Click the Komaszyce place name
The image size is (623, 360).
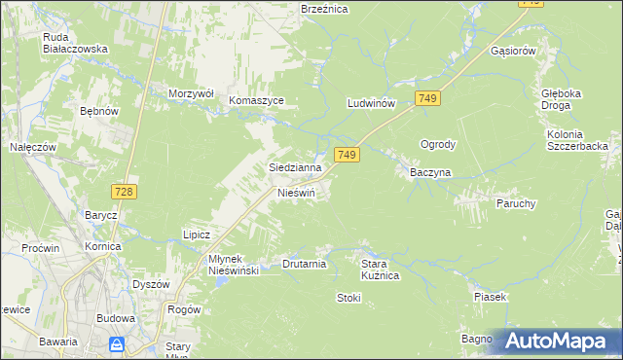[256, 100]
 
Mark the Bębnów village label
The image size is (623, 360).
[98, 112]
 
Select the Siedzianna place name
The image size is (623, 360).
[295, 167]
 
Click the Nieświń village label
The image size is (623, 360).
[297, 193]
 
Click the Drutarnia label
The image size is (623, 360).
[304, 264]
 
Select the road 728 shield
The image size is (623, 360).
[124, 193]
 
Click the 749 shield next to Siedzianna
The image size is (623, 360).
[348, 155]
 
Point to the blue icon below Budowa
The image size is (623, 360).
[116, 343]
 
